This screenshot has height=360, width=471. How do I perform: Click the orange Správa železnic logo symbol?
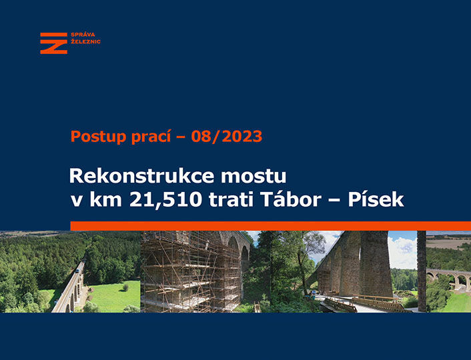coord(54,43)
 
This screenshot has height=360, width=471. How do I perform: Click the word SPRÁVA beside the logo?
coord(83,34)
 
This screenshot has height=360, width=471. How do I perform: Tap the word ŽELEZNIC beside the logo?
coord(85,41)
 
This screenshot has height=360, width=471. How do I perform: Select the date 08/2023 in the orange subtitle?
coord(227,136)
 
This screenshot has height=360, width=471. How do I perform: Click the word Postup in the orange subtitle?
coord(99,137)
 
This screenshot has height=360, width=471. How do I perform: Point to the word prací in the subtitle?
coord(151,137)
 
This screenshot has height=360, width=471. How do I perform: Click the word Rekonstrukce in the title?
coord(142,176)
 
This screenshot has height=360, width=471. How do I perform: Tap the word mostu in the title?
coord(254,177)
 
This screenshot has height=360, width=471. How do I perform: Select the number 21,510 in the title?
coord(165,199)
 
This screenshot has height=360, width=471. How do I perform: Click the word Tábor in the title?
coord(291,199)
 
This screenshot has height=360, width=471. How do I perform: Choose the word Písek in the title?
coord(376,199)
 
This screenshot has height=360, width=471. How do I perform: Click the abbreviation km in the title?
coord(105,199)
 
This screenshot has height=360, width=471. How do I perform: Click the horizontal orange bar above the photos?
coord(271,226)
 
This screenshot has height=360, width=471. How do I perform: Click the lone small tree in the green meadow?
coord(125,287)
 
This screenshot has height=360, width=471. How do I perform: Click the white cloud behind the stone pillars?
coord(402,251)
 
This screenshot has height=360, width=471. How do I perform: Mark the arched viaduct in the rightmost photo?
coord(449,278)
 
